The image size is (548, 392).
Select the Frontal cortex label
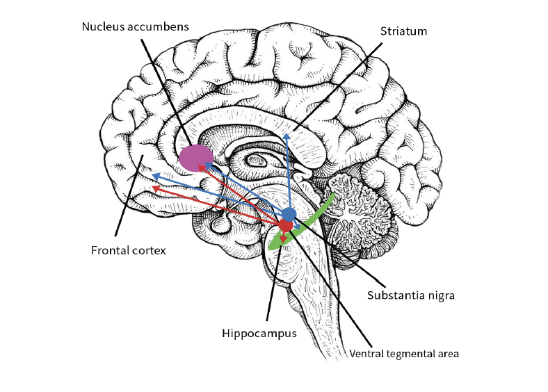coord(129,250)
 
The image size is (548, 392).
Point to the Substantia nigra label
coord(410,295)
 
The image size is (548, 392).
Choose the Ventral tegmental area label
coord(404,353)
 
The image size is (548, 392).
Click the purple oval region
coord(196,158)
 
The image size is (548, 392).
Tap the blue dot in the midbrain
coord(289,213)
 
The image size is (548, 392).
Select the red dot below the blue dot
coord(286,226)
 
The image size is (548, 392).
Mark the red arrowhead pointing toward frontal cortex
coord(155,187)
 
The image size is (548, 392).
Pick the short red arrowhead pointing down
coord(283,239)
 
